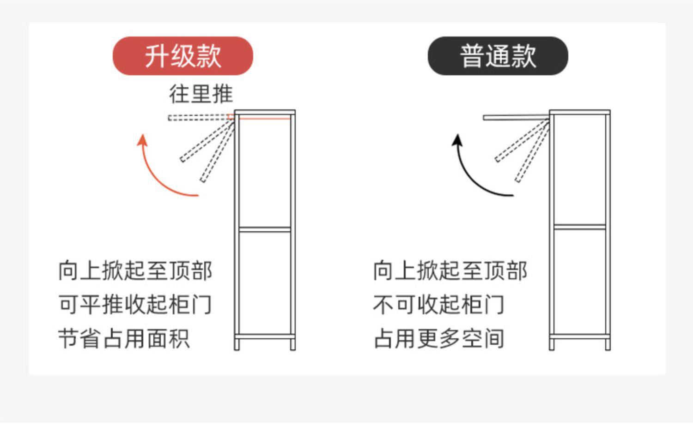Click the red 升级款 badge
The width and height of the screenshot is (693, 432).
click(183, 56)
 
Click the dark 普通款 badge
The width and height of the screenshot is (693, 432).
click(498, 56)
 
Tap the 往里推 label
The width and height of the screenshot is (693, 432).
click(201, 94)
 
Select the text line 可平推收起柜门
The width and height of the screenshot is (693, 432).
click(135, 305)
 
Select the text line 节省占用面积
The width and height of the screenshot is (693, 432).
click(124, 338)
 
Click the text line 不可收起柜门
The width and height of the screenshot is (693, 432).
click(438, 305)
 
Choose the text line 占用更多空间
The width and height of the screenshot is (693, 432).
click(438, 338)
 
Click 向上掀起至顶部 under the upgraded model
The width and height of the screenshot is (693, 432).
click(135, 271)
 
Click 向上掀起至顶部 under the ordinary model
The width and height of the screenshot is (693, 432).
click(450, 271)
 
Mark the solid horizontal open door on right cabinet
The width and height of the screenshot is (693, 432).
click(516, 118)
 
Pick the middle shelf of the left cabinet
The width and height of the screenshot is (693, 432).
click(265, 228)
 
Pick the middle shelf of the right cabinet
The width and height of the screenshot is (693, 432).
click(580, 227)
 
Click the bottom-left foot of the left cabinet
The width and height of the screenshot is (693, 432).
click(237, 344)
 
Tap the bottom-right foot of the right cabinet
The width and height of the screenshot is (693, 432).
click(608, 344)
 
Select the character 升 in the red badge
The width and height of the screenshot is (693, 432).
click(156, 56)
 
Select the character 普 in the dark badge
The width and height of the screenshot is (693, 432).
click(471, 56)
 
